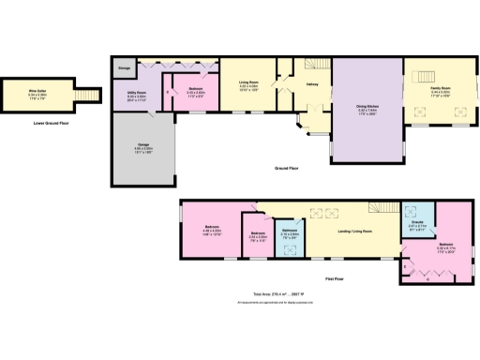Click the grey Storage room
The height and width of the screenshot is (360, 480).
(124, 67)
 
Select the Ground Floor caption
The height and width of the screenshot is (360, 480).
(287, 168)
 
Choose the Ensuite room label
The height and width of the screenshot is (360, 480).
(418, 224)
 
